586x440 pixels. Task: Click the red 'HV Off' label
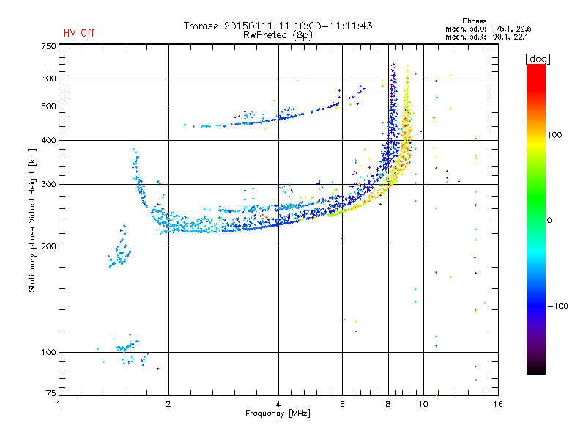79,33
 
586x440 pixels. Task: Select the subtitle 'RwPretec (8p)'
278,35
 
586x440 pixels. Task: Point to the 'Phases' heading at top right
474,21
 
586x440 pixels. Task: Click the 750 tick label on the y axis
48,46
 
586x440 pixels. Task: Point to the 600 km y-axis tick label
48,78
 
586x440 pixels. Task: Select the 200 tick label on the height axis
48,246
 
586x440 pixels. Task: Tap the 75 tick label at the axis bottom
51,393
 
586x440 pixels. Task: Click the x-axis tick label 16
498,404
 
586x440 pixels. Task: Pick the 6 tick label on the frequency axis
342,404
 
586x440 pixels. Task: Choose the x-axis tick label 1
59,404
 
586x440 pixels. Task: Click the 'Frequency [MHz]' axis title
278,414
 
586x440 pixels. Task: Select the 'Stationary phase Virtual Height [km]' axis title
32,220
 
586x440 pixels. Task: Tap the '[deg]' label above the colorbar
538,59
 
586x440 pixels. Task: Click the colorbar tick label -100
558,306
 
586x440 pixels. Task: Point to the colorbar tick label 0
549,220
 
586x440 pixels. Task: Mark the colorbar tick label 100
555,135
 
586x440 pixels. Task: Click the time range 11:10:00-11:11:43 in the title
325,26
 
